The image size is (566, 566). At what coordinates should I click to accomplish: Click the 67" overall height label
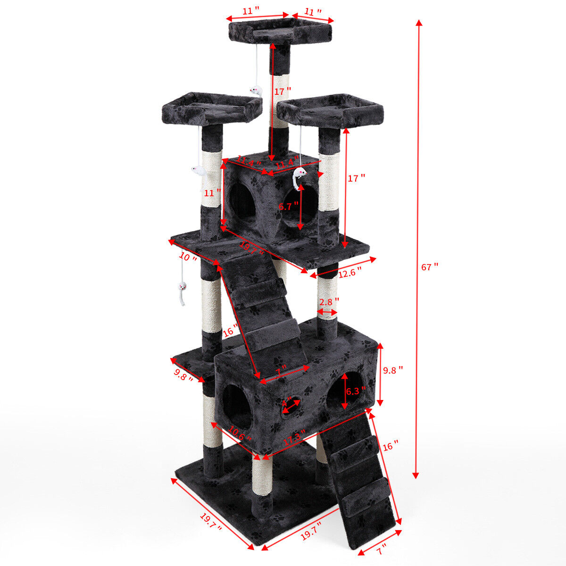pyautogui.click(x=430, y=267)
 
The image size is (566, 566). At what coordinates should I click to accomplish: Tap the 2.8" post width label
pyautogui.click(x=328, y=301)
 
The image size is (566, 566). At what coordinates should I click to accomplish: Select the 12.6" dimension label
pyautogui.click(x=350, y=272)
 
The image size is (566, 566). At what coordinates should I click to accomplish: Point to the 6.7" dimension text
pyautogui.click(x=288, y=206)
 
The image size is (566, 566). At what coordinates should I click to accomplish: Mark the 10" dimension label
pyautogui.click(x=188, y=258)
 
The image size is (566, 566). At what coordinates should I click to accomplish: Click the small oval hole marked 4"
pyautogui.click(x=290, y=407)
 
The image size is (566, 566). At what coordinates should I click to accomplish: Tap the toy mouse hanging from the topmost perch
pyautogui.click(x=255, y=91)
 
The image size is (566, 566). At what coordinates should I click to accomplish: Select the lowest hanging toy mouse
pyautogui.click(x=181, y=288)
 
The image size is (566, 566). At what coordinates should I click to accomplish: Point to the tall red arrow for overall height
pyautogui.click(x=417, y=250)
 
